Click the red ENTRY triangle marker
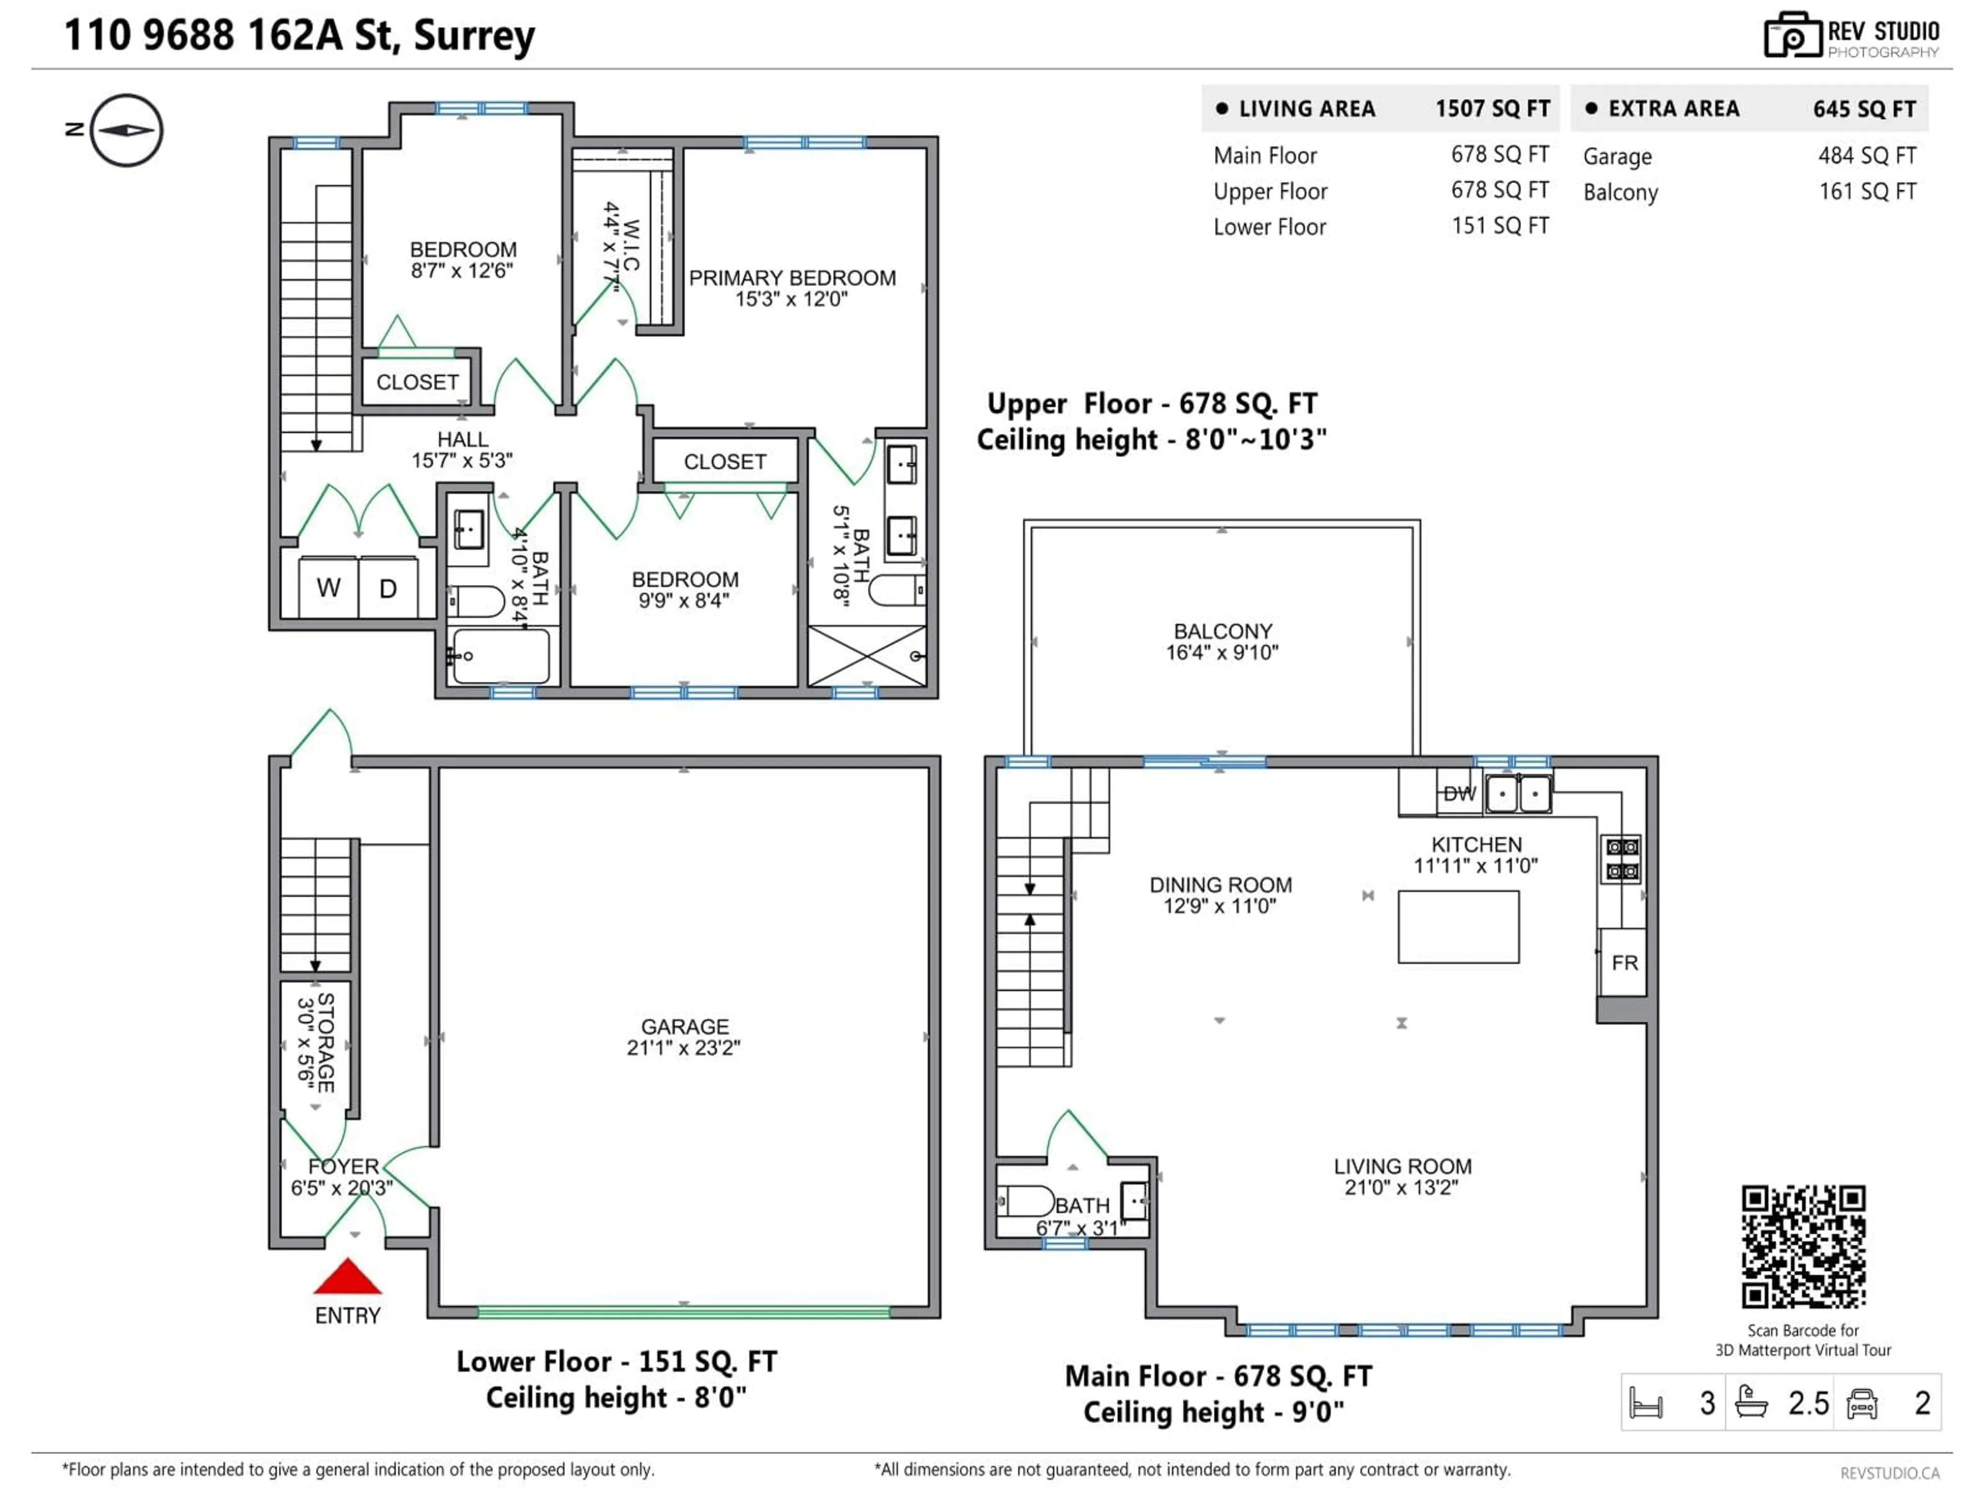[x=347, y=1277]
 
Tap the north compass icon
[x=127, y=130]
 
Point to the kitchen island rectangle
[x=1459, y=926]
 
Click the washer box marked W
[x=328, y=587]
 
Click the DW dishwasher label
[x=1459, y=793]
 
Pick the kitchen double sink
[x=1518, y=794]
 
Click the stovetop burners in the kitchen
[x=1622, y=858]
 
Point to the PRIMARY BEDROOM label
[x=792, y=278]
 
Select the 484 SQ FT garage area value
[x=1867, y=156]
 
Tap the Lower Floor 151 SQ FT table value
[x=1500, y=226]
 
